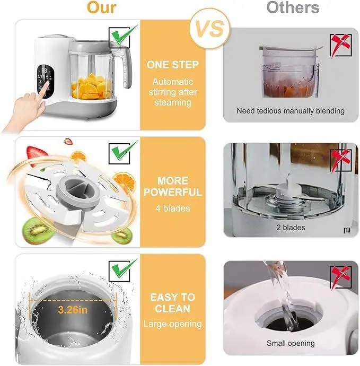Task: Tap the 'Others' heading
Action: tap(293, 8)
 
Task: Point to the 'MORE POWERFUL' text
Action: tap(173, 187)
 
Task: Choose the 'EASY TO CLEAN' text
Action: tap(172, 303)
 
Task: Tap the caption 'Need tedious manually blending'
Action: tap(291, 111)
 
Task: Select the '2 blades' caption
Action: tap(291, 228)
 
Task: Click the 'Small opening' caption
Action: tap(291, 343)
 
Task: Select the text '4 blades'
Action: tap(172, 208)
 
